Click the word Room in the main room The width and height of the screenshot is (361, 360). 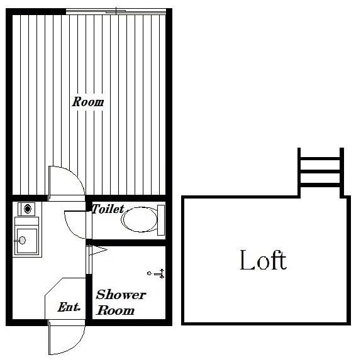point(87,102)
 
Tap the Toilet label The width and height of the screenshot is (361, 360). point(108,209)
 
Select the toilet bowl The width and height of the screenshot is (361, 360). point(140,219)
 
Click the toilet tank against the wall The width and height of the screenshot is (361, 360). point(161,220)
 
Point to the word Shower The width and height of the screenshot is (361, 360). point(121,295)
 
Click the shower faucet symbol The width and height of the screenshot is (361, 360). point(157,274)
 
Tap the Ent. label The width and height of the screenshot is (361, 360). point(69,307)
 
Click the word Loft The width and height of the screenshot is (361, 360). point(263,260)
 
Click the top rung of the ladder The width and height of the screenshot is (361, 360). point(321,158)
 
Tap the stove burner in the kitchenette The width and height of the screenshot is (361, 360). point(28,209)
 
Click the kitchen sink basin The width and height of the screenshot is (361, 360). point(26,241)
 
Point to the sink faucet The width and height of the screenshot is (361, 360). point(20,241)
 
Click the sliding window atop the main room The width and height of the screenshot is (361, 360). point(116,11)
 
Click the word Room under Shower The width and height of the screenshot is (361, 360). point(115,310)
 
